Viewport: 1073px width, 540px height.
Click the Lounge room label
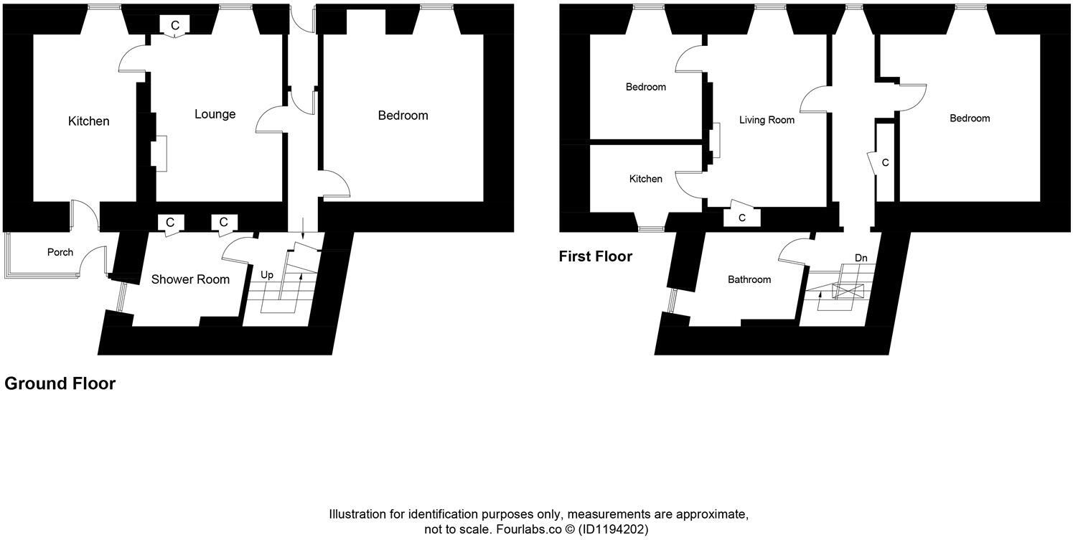coord(215,114)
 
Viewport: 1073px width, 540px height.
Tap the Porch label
coord(60,252)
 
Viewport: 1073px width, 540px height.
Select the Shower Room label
coord(190,279)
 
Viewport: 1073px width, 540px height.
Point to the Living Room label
coord(767,120)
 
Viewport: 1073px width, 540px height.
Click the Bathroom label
coord(749,279)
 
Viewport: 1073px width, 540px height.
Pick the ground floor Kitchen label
coord(88,121)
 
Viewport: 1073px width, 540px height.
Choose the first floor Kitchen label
coord(646,179)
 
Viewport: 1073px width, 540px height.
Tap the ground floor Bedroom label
coord(403,116)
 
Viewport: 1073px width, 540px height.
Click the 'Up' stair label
coord(267,275)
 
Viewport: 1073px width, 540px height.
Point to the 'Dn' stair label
coord(861,258)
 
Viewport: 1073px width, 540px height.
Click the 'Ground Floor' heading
coord(60,383)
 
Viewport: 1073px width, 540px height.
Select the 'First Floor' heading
coord(596,256)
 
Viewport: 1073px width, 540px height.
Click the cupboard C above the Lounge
coord(175,25)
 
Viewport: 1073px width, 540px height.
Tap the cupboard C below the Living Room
coord(742,218)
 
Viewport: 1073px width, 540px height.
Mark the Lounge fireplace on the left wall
coord(159,154)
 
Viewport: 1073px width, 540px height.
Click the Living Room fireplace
coord(716,141)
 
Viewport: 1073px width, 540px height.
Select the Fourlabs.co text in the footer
coord(529,529)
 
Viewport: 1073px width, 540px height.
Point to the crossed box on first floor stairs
coord(848,291)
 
